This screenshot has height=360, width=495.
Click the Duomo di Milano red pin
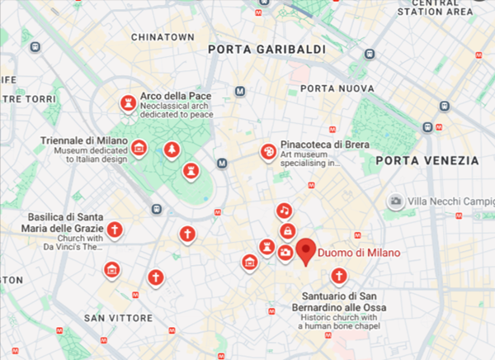click(306, 250)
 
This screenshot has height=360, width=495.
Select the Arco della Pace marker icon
click(128, 103)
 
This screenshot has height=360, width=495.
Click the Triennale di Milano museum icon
click(139, 149)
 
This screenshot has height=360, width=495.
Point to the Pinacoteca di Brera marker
click(268, 152)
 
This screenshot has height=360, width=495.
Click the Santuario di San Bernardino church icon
click(337, 276)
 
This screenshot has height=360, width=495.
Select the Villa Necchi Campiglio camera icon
click(397, 201)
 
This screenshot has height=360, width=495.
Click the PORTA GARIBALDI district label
click(266, 50)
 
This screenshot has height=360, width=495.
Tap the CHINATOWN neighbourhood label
click(162, 37)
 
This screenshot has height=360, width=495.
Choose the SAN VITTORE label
click(119, 317)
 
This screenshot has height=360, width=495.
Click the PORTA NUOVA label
click(332, 88)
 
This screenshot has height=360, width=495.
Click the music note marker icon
click(283, 211)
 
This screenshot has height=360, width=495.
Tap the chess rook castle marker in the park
click(191, 171)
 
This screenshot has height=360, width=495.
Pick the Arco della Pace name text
click(176, 96)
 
